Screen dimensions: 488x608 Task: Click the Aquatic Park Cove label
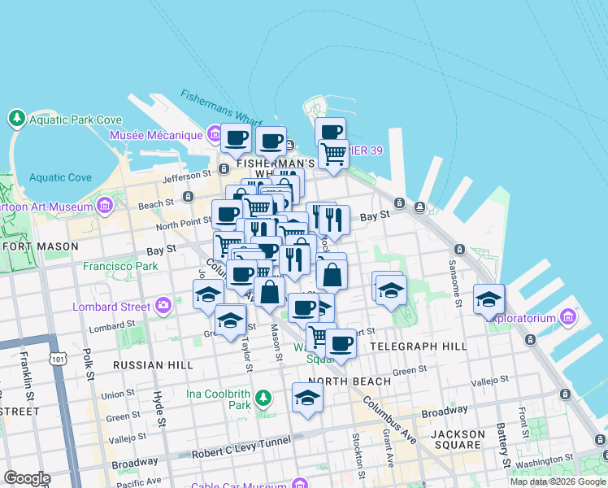point(76,120)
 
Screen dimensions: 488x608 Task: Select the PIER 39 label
point(364,150)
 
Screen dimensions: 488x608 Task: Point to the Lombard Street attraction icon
point(163,307)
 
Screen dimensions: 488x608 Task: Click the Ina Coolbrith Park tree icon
point(263,399)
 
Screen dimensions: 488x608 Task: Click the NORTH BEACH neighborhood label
point(339,381)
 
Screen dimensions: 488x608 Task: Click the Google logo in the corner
point(27,477)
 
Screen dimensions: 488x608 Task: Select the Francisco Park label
point(119,266)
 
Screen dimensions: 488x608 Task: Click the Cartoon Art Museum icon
point(104,207)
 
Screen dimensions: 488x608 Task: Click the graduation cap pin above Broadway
point(307,398)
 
